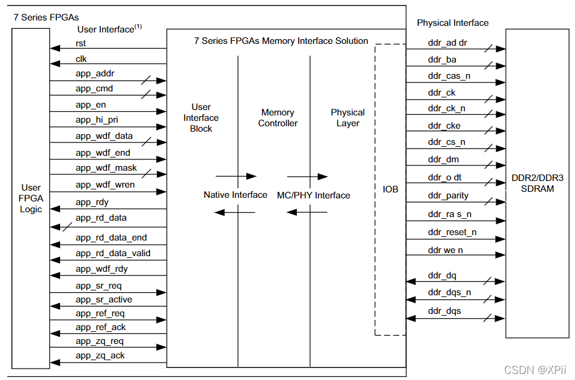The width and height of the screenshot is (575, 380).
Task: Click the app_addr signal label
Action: (x=95, y=73)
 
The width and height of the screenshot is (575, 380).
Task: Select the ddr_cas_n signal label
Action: (x=449, y=76)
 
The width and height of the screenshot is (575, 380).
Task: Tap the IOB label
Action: (x=391, y=189)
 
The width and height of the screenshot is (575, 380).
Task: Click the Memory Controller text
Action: (x=278, y=118)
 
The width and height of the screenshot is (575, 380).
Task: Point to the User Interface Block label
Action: (x=201, y=118)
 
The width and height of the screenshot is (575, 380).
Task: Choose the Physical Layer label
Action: (x=347, y=118)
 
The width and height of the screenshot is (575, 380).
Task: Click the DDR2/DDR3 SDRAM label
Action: (x=537, y=183)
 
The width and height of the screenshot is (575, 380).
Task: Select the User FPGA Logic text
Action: (x=31, y=198)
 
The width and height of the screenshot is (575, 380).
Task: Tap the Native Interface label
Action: (x=236, y=195)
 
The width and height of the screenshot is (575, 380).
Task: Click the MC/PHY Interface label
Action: (x=313, y=195)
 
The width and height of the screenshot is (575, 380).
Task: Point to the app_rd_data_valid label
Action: (x=113, y=253)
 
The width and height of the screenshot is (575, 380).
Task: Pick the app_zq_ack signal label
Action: (x=100, y=355)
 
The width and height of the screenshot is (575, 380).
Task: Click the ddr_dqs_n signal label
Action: (x=449, y=293)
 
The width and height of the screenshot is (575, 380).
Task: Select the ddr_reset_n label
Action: (x=452, y=232)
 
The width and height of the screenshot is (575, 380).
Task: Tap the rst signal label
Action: (x=81, y=43)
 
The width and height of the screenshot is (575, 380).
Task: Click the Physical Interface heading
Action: (x=452, y=23)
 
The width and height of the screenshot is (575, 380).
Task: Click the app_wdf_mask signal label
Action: (x=106, y=168)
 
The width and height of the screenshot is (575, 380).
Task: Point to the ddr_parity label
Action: (x=448, y=195)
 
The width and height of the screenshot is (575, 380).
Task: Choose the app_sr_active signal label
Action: (x=104, y=299)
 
